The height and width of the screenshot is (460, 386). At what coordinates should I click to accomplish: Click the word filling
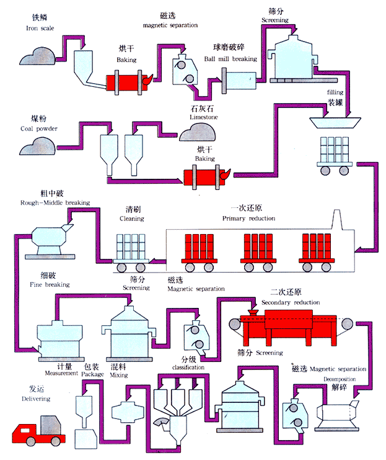(x=335, y=93)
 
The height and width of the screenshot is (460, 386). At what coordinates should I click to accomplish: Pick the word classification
(x=188, y=368)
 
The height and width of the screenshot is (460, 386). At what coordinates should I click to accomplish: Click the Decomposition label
(x=337, y=377)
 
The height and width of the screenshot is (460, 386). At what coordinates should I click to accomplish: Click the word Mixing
(x=118, y=375)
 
